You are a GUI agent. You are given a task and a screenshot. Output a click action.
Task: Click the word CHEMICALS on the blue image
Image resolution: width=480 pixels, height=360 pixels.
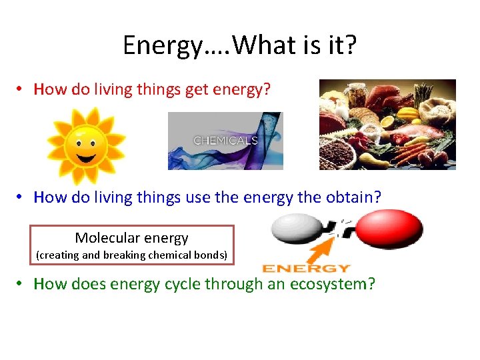(225, 141)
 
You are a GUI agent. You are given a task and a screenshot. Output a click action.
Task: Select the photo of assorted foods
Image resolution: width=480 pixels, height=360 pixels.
(387, 124)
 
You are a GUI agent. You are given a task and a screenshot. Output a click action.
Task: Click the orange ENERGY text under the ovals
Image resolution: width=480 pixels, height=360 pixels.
(306, 268)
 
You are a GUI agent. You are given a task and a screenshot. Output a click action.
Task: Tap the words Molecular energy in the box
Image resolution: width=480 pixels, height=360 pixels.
(131, 238)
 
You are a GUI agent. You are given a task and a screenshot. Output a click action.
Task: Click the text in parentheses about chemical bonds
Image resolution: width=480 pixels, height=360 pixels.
(131, 255)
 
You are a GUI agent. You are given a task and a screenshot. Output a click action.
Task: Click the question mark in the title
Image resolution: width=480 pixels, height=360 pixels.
(350, 45)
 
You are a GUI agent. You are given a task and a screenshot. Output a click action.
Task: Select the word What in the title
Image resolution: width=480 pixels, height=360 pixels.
(260, 45)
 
